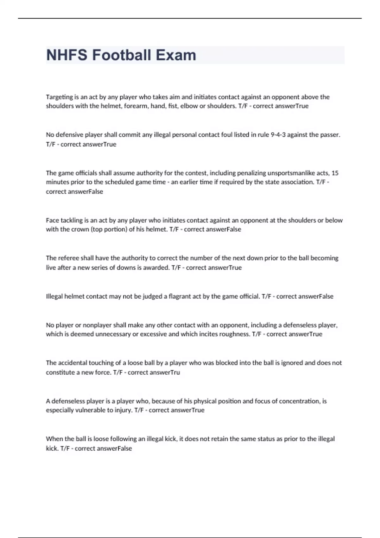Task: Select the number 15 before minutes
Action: pos(335,173)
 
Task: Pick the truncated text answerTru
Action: pos(165,372)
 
